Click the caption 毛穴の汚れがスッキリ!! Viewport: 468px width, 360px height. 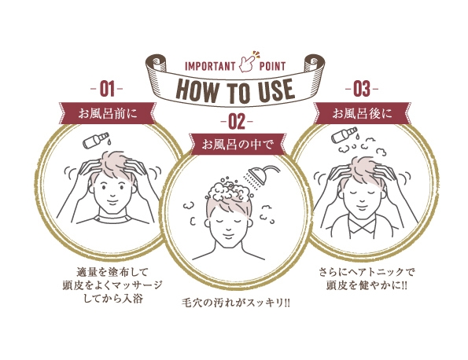click(x=235, y=303)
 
